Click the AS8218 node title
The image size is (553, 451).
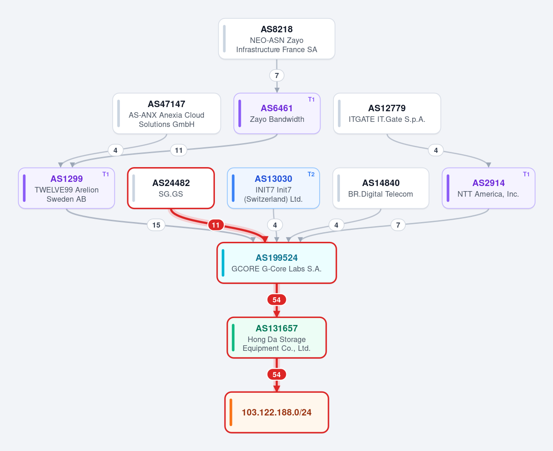click(277, 29)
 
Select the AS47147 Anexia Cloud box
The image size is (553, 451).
click(166, 114)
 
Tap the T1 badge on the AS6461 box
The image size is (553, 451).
click(311, 100)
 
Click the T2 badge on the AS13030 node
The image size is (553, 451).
click(311, 174)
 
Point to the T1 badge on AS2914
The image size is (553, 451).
click(526, 174)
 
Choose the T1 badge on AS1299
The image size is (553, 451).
click(106, 174)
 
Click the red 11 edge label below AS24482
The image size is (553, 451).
click(216, 225)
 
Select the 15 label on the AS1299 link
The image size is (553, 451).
click(156, 225)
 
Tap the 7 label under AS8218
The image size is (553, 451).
click(277, 76)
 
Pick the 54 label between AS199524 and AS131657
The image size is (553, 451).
click(277, 300)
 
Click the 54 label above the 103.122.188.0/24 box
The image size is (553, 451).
click(277, 374)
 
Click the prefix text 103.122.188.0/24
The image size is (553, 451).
click(277, 413)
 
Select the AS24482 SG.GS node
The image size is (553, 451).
click(171, 188)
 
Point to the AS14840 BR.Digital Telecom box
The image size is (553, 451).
click(381, 188)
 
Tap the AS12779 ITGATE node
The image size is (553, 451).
click(387, 114)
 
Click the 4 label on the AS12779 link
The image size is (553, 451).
click(436, 150)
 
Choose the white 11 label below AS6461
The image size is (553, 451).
click(179, 150)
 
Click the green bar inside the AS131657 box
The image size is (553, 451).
click(233, 338)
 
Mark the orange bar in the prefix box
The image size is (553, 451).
click(231, 412)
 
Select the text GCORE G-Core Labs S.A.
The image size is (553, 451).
click(277, 269)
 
